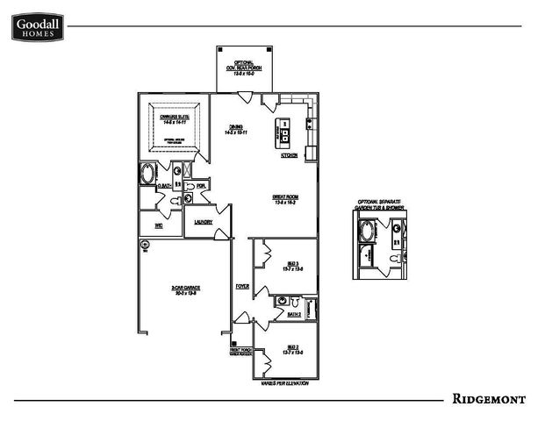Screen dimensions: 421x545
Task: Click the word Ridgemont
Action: click(489, 399)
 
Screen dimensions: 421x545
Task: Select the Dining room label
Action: click(236, 128)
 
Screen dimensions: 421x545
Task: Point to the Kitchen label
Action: click(289, 155)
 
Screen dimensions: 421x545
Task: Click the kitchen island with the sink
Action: click(284, 132)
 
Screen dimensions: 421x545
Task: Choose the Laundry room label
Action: click(204, 222)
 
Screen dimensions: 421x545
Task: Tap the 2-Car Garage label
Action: click(183, 289)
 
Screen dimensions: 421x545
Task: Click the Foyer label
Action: click(242, 287)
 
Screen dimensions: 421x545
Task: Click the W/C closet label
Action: click(159, 225)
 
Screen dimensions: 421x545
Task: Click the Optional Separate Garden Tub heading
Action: click(378, 204)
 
